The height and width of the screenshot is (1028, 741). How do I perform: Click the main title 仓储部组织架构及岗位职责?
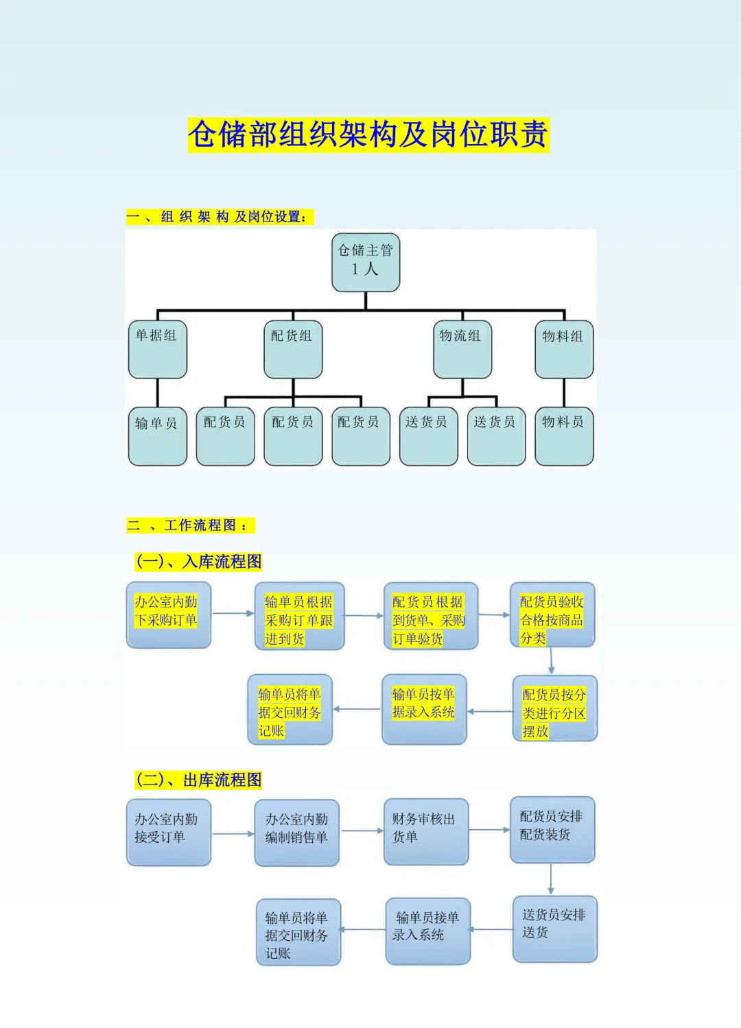(x=368, y=134)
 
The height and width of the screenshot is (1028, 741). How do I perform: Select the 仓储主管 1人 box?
(x=366, y=262)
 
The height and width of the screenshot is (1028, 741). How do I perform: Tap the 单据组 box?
(x=157, y=349)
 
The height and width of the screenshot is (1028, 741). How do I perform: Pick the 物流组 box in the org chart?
(x=462, y=349)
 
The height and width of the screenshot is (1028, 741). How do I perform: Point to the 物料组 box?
(x=563, y=349)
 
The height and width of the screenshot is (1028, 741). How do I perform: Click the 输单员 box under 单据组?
(x=157, y=436)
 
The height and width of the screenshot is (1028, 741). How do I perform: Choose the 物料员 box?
(x=564, y=436)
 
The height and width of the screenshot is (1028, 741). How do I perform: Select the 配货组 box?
(x=293, y=349)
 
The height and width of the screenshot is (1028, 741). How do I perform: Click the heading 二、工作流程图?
(x=190, y=525)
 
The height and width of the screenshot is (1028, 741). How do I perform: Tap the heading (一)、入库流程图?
(x=199, y=562)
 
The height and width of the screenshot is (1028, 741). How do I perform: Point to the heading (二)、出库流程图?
(x=199, y=780)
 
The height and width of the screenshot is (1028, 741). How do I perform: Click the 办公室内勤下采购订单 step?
(x=168, y=614)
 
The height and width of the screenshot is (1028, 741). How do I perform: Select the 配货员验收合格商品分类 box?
(x=552, y=614)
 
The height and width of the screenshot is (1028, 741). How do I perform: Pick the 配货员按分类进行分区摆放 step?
(x=554, y=708)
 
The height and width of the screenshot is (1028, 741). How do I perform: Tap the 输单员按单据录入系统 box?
(x=424, y=708)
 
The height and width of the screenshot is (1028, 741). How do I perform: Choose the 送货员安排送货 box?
(x=554, y=929)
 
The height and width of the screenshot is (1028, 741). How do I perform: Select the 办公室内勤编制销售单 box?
(x=296, y=832)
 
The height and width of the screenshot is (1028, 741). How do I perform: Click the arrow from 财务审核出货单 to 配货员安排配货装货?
(x=489, y=830)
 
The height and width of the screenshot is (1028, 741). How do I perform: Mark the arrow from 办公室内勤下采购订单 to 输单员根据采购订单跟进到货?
(x=233, y=613)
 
